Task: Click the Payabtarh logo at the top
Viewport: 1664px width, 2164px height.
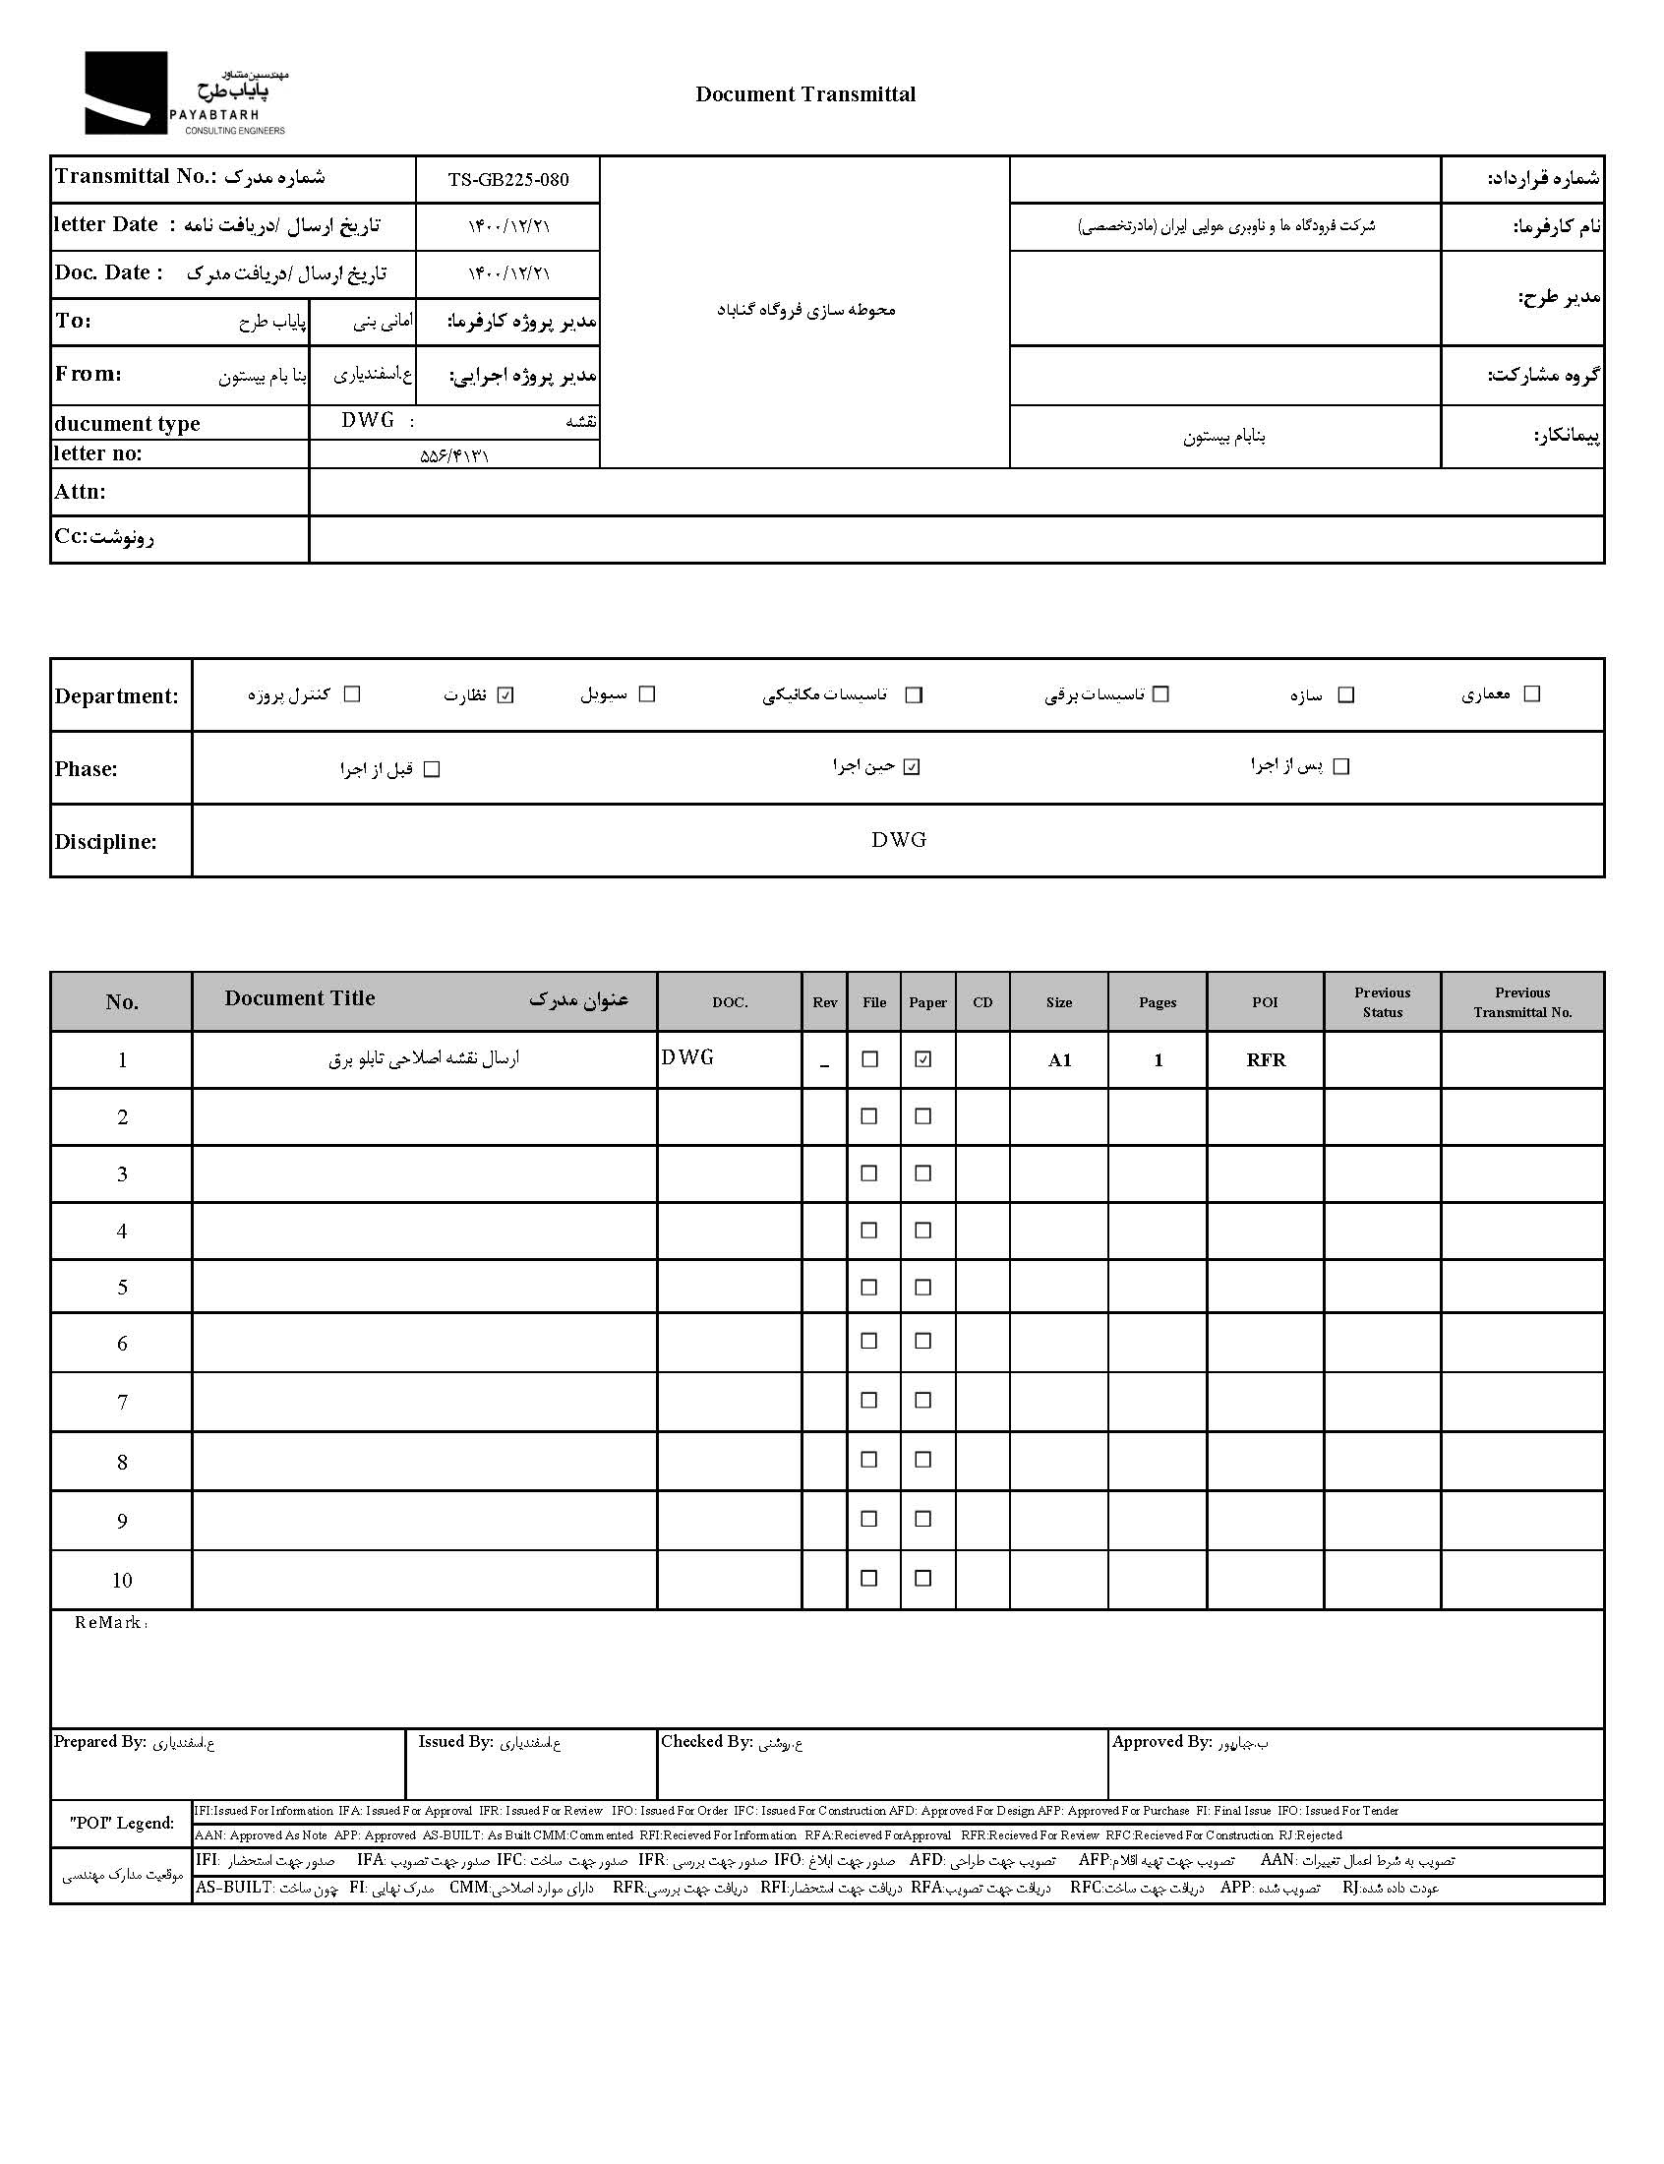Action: pyautogui.click(x=184, y=93)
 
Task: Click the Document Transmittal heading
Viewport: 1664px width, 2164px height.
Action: pyautogui.click(x=804, y=94)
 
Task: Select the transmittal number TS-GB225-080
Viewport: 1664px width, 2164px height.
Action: pyautogui.click(x=508, y=179)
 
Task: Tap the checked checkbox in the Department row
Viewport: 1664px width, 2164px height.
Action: pyautogui.click(x=505, y=695)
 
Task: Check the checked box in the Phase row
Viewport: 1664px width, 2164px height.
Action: pyautogui.click(x=913, y=766)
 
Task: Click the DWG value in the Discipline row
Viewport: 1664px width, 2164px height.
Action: pyautogui.click(x=898, y=840)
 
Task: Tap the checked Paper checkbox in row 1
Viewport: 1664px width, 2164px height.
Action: pyautogui.click(x=923, y=1059)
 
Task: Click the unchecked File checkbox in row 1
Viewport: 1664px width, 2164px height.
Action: pyautogui.click(x=869, y=1059)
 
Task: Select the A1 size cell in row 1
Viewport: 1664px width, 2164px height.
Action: pyautogui.click(x=1059, y=1060)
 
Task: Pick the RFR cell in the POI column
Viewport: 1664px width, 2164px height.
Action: pyautogui.click(x=1265, y=1060)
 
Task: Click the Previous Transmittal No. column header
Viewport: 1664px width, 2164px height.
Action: pyautogui.click(x=1521, y=1002)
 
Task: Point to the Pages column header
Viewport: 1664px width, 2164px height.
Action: pyautogui.click(x=1157, y=1002)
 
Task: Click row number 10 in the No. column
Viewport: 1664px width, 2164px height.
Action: pyautogui.click(x=122, y=1580)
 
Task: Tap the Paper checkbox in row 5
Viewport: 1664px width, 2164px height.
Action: pyautogui.click(x=923, y=1288)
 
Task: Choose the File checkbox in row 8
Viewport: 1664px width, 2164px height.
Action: pyautogui.click(x=869, y=1460)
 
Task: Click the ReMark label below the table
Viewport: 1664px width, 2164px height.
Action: pyautogui.click(x=109, y=1623)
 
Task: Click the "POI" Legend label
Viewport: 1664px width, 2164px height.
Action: pyautogui.click(x=122, y=1823)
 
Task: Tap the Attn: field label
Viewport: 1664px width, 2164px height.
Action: pyautogui.click(x=81, y=492)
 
